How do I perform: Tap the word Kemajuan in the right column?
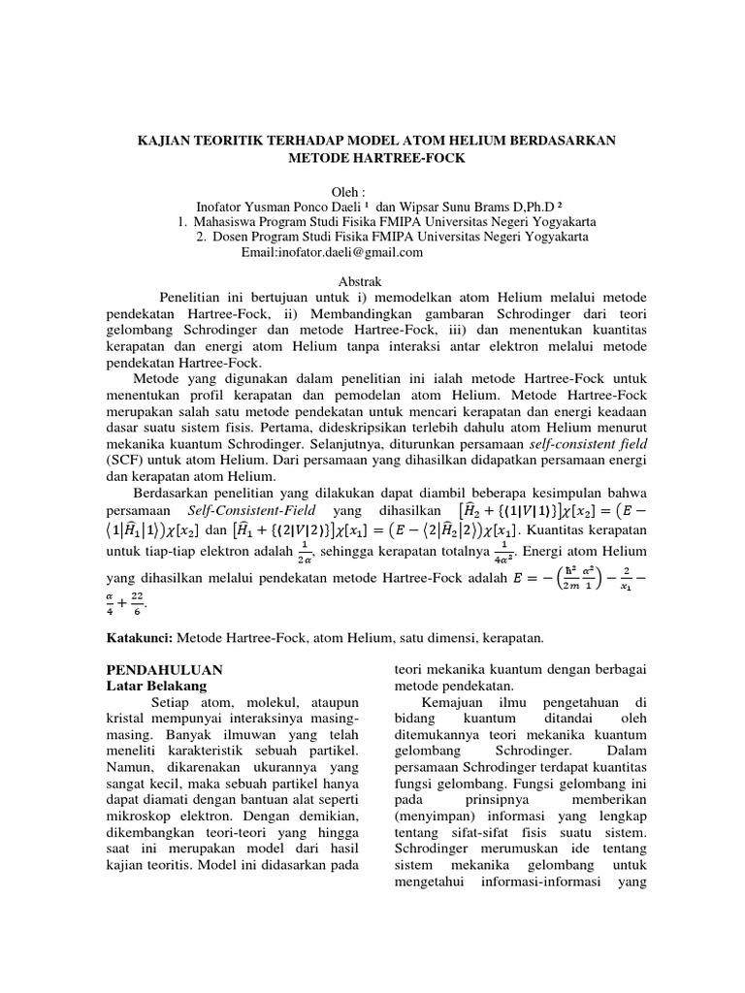458,702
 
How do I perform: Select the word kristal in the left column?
124,719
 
